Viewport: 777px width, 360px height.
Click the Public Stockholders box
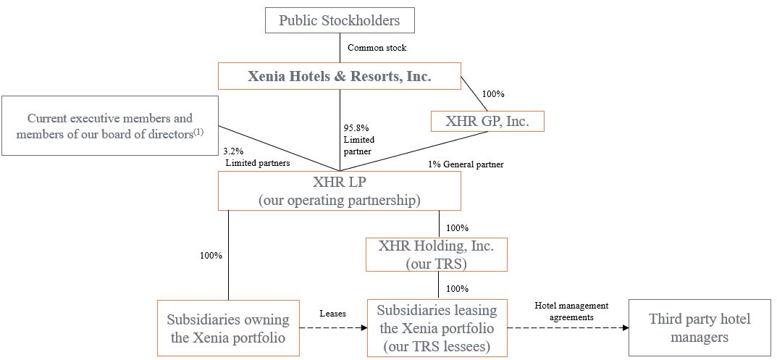click(x=339, y=20)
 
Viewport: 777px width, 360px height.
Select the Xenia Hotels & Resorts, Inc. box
click(x=339, y=75)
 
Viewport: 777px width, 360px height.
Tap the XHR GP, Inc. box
click(x=487, y=121)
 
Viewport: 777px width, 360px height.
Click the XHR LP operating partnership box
click(x=339, y=191)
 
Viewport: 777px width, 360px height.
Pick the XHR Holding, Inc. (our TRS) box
click(x=436, y=254)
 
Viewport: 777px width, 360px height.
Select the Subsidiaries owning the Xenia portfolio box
click(x=228, y=328)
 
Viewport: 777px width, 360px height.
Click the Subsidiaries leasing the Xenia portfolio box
click(x=436, y=328)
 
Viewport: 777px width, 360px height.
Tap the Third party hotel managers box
click(x=700, y=328)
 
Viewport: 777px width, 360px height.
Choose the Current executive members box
click(x=110, y=125)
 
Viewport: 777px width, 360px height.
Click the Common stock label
click(x=377, y=48)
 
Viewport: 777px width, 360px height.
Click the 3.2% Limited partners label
click(x=257, y=158)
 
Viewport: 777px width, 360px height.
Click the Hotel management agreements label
click(x=571, y=311)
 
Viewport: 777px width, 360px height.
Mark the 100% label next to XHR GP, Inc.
click(x=493, y=94)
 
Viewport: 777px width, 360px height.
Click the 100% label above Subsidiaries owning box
click(x=211, y=255)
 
